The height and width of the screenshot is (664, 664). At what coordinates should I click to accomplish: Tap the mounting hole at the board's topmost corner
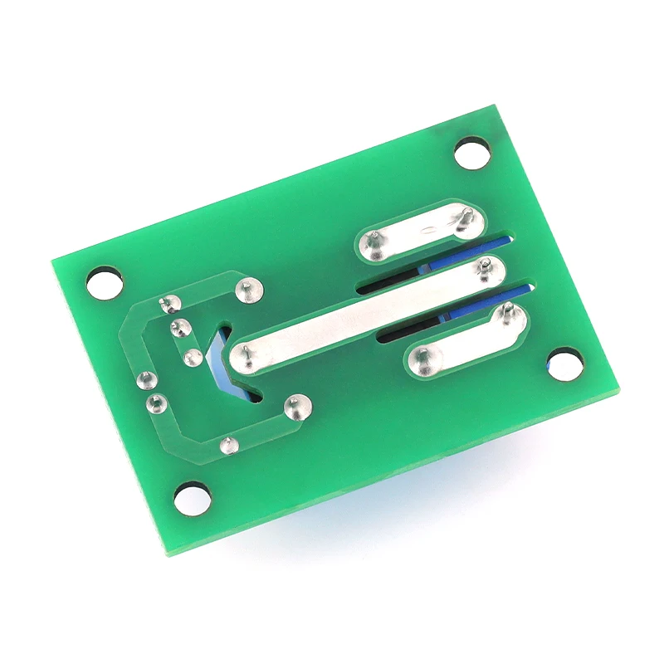(473, 154)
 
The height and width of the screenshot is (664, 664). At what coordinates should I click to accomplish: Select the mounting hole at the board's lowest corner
(192, 498)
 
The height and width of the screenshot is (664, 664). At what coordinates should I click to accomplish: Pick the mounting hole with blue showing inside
(564, 364)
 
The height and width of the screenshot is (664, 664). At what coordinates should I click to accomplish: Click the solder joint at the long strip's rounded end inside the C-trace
(248, 358)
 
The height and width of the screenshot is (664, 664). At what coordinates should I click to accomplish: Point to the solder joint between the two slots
(485, 266)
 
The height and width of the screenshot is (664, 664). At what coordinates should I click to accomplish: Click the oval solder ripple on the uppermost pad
(431, 231)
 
